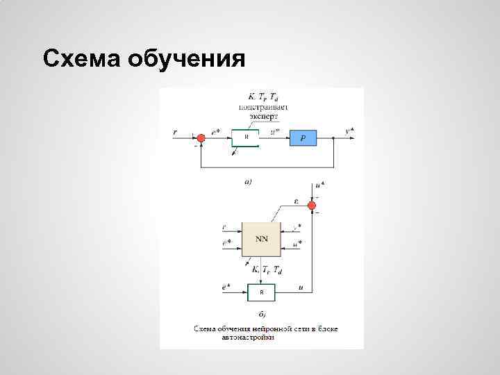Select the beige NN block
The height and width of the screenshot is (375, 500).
[261, 238]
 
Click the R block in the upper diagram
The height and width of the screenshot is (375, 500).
[245, 138]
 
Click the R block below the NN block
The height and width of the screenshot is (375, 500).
[261, 292]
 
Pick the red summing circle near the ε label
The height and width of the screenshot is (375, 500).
[317, 202]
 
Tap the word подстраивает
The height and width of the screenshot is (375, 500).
[263, 107]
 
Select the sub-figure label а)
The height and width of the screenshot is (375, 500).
[248, 182]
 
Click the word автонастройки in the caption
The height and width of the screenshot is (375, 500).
[248, 337]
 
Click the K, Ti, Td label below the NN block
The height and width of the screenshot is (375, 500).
[267, 269]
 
